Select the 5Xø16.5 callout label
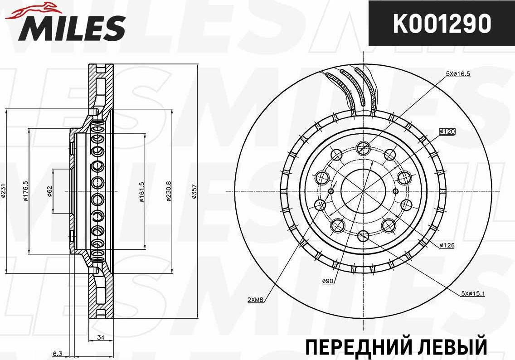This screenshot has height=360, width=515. point(458,73)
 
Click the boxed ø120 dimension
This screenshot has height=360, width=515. point(447,131)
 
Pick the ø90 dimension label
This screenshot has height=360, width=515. point(328,282)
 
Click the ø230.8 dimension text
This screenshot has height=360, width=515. point(169,192)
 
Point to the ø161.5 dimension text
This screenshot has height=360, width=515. point(142,192)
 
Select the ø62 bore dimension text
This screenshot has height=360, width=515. point(50,192)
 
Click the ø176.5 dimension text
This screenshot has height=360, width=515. point(25,192)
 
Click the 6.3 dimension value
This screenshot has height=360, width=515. point(57,353)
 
